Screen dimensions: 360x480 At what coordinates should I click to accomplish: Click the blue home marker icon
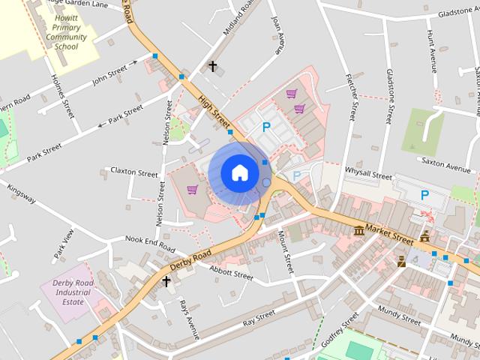click(239, 172)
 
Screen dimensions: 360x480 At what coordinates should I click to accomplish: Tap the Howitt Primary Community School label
click(66, 31)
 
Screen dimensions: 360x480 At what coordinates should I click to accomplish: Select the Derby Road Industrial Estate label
click(73, 292)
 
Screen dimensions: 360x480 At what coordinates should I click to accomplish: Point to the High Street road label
click(214, 110)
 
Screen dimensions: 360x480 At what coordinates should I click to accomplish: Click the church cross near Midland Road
click(212, 67)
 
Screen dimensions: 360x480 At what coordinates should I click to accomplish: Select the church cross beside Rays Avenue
click(166, 281)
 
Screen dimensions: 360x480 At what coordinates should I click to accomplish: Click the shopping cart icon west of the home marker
click(192, 189)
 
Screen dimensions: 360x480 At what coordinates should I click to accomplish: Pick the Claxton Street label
click(133, 171)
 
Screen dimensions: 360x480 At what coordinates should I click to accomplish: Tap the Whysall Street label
click(368, 175)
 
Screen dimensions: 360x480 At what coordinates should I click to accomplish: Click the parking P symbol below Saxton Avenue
click(424, 195)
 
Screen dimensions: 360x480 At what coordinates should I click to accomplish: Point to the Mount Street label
click(285, 251)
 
